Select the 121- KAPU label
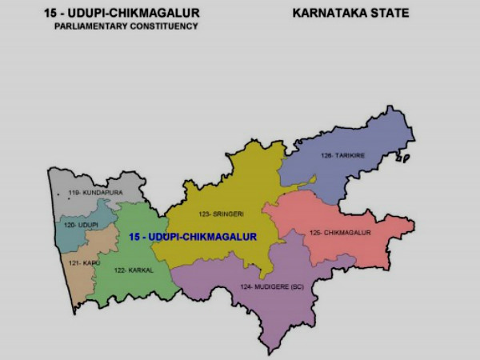tap(83, 262)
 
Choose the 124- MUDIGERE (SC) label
tap(272, 286)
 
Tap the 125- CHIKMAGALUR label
tap(340, 233)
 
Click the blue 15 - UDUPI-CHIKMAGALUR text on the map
tap(192, 237)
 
